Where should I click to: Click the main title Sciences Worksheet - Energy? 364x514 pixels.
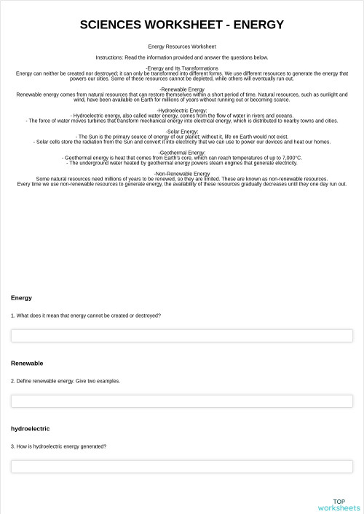click(x=182, y=25)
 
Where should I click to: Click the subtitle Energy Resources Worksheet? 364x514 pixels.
click(x=182, y=46)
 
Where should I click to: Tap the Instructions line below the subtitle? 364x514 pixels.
click(x=182, y=57)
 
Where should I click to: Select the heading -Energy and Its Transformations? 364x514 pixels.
click(x=182, y=68)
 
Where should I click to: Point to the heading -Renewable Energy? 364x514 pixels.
click(x=182, y=89)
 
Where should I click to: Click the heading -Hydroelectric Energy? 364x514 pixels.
click(x=182, y=111)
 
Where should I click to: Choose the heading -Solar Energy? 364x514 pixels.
click(x=182, y=132)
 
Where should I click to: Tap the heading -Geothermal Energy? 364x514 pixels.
click(x=182, y=153)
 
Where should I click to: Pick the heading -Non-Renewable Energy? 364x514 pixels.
click(x=182, y=174)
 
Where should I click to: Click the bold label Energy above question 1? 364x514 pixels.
click(x=21, y=298)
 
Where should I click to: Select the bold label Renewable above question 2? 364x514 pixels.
click(x=27, y=363)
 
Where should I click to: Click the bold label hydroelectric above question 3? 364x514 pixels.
click(x=30, y=429)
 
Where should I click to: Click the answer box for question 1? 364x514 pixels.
click(x=182, y=336)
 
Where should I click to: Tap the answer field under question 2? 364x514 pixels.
click(x=182, y=401)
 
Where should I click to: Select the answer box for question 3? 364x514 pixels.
click(x=182, y=466)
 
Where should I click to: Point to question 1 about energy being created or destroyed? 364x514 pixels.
click(x=86, y=316)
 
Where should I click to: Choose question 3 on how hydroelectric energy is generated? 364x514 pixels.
click(x=58, y=446)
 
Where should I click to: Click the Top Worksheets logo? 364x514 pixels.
click(x=339, y=505)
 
